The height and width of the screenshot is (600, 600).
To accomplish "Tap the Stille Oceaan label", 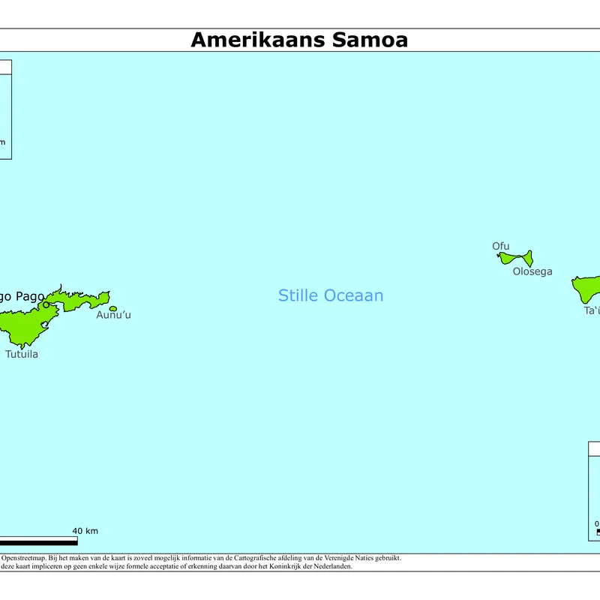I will point(331,295).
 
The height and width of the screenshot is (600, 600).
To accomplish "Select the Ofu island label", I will point(500,246).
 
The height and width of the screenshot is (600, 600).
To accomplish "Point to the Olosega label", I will point(532,271).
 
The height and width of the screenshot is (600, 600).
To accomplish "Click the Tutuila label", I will point(22,354).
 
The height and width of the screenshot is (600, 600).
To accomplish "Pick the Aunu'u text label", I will point(113,315).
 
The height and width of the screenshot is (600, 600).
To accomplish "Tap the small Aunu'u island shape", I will point(113,308).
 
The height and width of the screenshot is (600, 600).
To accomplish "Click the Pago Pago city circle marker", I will point(46,304).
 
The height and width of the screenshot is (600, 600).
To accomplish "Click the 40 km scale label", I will point(85,531).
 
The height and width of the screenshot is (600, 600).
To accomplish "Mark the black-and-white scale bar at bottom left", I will point(37,540).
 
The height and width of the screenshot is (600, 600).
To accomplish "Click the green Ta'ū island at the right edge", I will point(587,288).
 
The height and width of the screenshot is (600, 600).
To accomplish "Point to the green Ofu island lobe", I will point(507,259).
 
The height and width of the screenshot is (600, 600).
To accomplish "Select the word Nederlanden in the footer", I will point(332,566).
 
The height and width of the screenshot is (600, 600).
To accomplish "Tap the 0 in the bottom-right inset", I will point(597,523).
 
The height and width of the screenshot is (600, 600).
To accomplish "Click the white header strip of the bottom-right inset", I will point(594,449).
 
